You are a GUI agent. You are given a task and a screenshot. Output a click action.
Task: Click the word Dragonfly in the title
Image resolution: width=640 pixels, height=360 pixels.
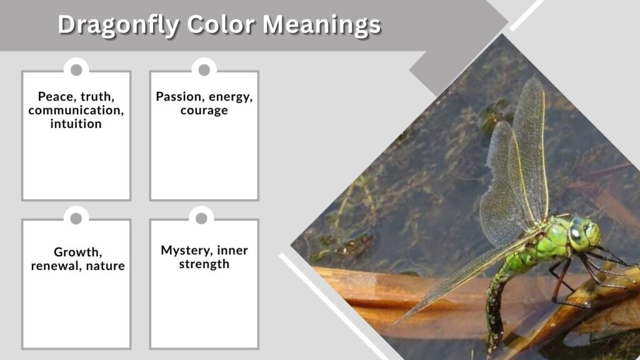tap(119, 24)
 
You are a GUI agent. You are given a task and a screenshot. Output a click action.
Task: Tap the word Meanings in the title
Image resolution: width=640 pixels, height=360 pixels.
tap(322, 24)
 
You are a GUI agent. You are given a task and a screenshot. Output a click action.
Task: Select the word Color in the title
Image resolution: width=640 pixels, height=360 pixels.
tap(221, 24)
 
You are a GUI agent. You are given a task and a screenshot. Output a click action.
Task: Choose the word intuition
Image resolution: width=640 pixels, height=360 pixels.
tap(76, 124)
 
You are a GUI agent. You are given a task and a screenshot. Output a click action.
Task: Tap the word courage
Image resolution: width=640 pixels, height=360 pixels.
tap(204, 111)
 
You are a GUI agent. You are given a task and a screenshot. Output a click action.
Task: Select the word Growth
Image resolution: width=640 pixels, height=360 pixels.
tap(78, 252)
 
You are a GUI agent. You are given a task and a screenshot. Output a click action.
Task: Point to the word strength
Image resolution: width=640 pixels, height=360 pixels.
tap(204, 264)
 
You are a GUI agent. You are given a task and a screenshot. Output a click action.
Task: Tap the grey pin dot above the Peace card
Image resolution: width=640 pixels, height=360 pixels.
tap(76, 70)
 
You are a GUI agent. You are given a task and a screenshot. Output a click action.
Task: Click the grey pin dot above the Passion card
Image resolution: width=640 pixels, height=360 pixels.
tap(204, 70)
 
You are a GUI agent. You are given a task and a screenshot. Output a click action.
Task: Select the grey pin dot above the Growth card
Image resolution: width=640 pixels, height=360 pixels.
tap(76, 219)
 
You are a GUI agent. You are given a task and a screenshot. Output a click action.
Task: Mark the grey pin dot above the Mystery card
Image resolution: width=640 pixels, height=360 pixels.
tap(201, 218)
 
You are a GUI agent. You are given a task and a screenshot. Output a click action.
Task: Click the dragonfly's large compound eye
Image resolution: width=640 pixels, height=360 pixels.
tap(576, 236)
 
